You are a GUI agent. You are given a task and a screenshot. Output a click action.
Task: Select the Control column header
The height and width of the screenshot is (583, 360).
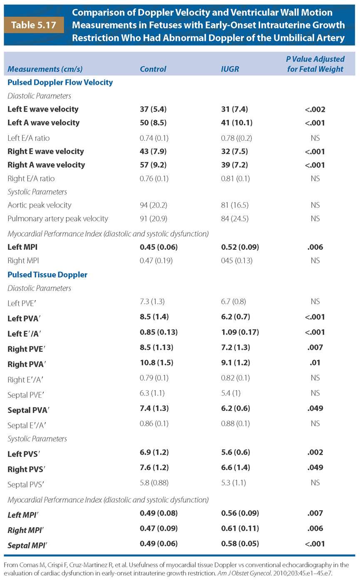[x=153, y=69]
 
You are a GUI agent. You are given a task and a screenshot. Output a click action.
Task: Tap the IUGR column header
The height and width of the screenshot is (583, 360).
[x=230, y=69]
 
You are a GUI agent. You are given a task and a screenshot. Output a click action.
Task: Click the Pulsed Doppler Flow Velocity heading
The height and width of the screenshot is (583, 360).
[x=60, y=82]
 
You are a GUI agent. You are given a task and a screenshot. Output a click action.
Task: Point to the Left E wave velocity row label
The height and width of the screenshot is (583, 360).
[x=43, y=110]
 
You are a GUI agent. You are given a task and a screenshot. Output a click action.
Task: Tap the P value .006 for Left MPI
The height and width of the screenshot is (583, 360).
[x=315, y=247]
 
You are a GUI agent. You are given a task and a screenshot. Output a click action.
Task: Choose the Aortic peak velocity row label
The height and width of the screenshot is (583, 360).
[x=40, y=205]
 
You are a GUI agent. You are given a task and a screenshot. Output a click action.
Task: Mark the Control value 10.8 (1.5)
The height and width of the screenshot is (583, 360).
[x=156, y=363]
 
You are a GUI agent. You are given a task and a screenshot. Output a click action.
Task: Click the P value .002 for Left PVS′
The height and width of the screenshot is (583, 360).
[x=315, y=452]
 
